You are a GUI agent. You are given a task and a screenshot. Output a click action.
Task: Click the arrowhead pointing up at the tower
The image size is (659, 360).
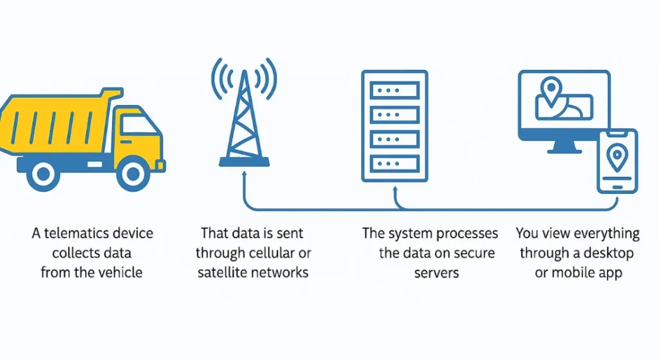click(244, 174)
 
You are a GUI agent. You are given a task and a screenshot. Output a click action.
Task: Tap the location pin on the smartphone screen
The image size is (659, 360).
click(617, 157)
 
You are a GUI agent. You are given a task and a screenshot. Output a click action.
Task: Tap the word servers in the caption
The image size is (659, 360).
click(436, 272)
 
